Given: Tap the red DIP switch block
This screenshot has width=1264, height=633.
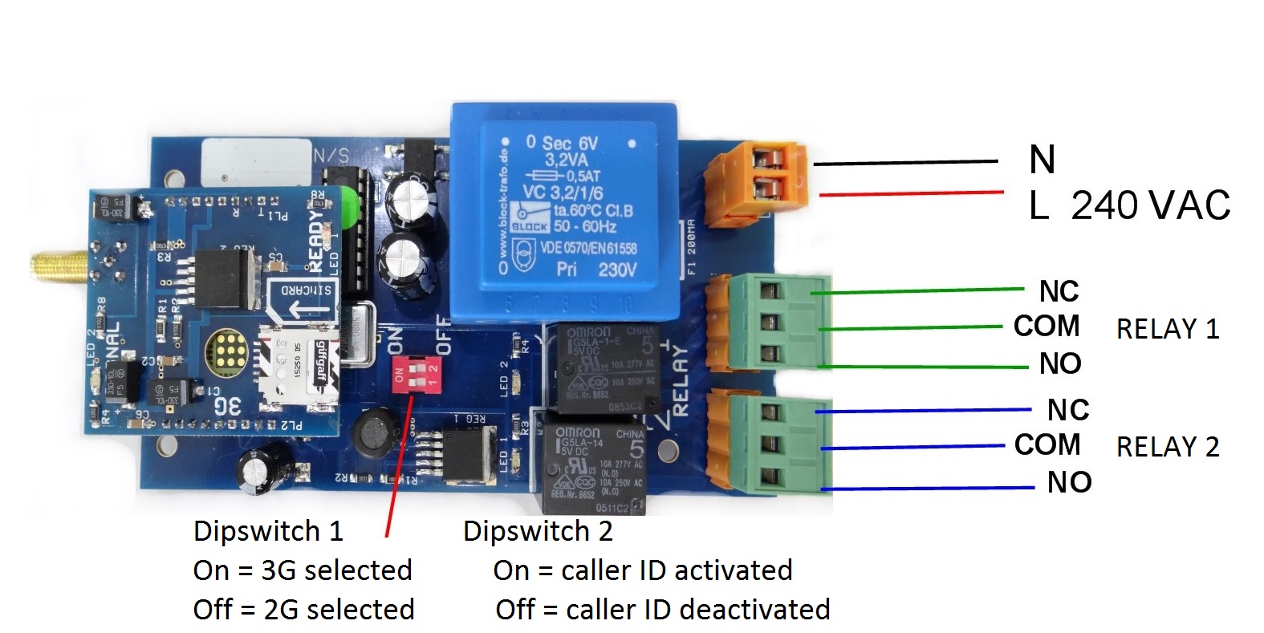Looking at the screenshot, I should pos(415,374).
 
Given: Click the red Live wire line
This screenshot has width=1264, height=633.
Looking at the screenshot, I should pos(911,193).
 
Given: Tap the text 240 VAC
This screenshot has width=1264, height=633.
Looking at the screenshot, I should pos(1150,206).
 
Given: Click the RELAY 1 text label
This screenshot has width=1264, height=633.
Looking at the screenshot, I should pos(1167,329).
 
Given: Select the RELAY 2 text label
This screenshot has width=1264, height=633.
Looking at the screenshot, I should pos(1167,447).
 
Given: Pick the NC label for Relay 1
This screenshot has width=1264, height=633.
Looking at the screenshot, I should pos(1059,291).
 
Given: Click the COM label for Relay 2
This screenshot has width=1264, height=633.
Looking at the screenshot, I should pos(1047,444).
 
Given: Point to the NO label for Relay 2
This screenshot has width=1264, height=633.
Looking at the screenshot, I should pos(1068,482).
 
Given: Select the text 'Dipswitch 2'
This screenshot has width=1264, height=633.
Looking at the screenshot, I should pos(537,531).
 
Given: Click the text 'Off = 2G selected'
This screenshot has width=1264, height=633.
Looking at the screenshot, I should pos(303,610).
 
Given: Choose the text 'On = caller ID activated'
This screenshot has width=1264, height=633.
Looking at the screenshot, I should pos(642,570).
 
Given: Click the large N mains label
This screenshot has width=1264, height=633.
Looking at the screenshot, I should pos(1042,160).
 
